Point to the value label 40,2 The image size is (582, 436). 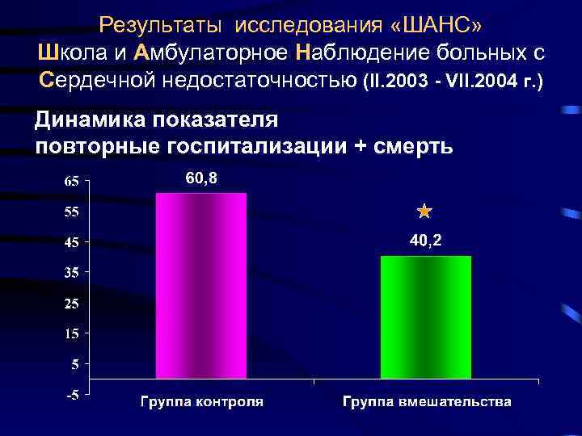point(424,241)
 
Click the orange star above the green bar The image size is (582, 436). point(424,212)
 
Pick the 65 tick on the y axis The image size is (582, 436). point(71,182)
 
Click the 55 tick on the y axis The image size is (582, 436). point(71,212)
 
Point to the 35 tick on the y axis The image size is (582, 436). point(71,273)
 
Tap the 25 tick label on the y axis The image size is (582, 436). point(71,304)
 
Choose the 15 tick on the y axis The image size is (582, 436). point(71,333)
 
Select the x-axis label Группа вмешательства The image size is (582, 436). point(426,401)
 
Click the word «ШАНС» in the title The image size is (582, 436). point(434,26)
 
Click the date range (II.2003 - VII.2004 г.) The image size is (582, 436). point(454,82)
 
